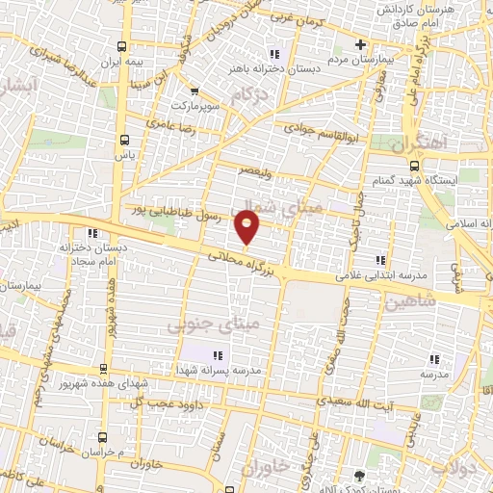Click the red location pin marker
tap(248, 228)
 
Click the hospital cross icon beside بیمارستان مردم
tap(360, 44)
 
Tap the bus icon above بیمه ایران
tap(122, 45)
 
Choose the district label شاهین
tap(409, 301)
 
